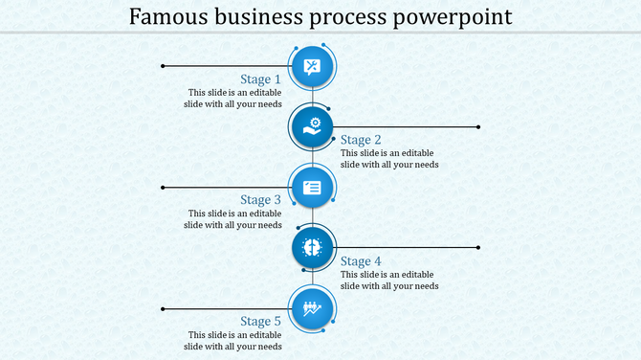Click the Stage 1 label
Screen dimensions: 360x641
260,79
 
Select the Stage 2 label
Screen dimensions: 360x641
361,140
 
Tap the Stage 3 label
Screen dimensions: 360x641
260,200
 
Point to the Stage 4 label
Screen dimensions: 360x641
361,261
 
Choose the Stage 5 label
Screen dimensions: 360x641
260,322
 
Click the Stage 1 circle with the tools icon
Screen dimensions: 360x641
312,66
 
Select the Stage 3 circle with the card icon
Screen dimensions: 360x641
312,187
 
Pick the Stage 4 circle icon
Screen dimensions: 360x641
312,248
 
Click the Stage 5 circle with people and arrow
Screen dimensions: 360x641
312,308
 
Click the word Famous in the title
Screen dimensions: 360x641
164,17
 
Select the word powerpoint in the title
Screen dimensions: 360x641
453,17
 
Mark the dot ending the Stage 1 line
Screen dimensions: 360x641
164,66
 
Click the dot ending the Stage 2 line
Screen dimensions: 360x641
478,126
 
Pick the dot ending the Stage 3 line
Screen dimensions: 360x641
164,187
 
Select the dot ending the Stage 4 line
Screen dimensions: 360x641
478,248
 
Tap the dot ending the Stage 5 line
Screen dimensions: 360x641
164,308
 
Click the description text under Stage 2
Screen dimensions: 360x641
389,159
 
